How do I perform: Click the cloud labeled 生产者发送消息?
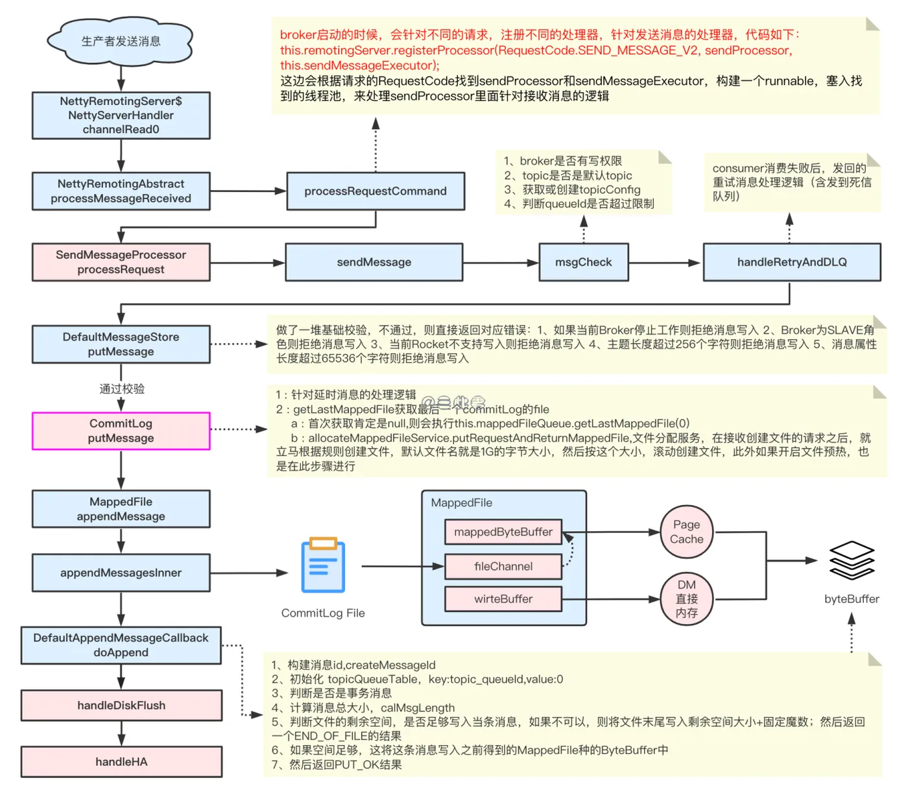(x=121, y=41)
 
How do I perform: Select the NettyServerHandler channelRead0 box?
(x=121, y=115)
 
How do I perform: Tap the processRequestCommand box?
(x=376, y=191)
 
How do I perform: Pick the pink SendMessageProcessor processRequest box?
(x=121, y=262)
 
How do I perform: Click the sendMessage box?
(x=374, y=262)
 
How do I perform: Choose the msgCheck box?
(x=584, y=262)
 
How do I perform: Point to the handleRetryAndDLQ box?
(x=792, y=262)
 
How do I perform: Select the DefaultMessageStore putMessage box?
(x=121, y=344)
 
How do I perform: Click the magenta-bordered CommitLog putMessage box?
(x=121, y=431)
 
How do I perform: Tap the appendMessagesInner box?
(x=121, y=573)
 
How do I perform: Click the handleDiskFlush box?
(x=121, y=705)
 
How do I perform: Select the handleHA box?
(x=121, y=762)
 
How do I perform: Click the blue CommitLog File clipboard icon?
(x=323, y=565)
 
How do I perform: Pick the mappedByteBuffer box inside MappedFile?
(x=503, y=532)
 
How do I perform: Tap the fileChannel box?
(x=503, y=566)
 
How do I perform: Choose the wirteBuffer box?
(x=503, y=599)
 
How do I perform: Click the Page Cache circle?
(x=686, y=532)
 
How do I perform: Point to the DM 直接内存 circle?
(x=686, y=599)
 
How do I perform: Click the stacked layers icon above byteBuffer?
(x=852, y=560)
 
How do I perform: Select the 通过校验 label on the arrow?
(x=122, y=389)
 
